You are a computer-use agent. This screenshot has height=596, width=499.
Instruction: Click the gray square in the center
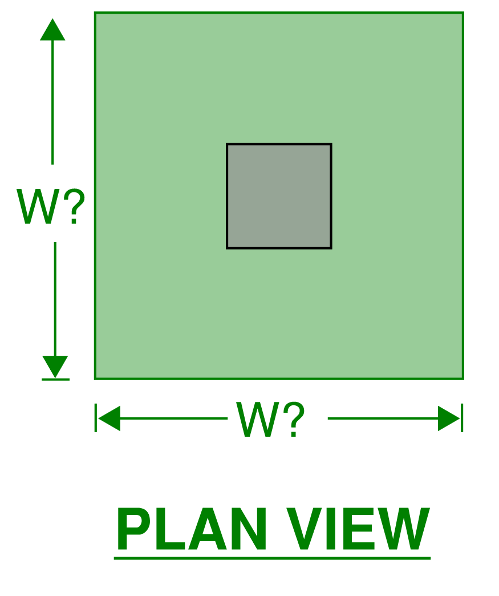click(279, 196)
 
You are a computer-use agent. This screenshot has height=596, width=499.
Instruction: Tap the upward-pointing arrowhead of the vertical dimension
click(52, 30)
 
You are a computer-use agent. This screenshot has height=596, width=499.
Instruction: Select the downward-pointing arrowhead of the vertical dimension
click(55, 367)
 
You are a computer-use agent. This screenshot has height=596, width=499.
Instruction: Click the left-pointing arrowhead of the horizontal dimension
click(109, 418)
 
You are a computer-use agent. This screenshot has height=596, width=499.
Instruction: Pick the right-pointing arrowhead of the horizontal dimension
click(449, 418)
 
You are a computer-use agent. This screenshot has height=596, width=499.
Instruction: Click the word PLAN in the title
click(192, 529)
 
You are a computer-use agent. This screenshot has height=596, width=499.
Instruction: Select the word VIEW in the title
click(358, 529)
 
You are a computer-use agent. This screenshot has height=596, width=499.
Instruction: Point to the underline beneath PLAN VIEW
click(272, 558)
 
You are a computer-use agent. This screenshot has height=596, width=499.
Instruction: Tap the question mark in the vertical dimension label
click(74, 206)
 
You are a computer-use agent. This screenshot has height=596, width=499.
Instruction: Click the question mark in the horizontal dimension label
click(294, 419)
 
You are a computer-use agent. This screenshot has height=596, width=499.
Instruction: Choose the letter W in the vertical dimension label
click(38, 207)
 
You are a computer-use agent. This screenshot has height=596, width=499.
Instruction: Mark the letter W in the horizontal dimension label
click(258, 419)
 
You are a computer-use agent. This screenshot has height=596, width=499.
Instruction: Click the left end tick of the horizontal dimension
click(96, 418)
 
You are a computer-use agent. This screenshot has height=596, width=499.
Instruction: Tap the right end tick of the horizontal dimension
click(462, 418)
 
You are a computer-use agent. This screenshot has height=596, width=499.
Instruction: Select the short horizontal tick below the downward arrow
click(55, 379)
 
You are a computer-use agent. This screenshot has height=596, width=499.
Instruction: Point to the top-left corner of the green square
click(95, 13)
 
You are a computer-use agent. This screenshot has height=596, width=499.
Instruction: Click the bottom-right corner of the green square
click(463, 378)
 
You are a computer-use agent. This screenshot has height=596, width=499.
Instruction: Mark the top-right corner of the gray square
click(331, 144)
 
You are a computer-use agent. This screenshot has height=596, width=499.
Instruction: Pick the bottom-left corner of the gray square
click(227, 248)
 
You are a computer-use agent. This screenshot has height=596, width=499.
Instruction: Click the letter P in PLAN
click(134, 529)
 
